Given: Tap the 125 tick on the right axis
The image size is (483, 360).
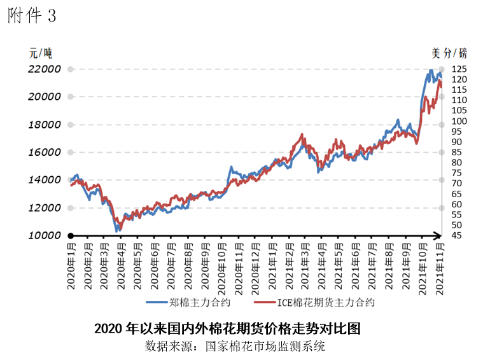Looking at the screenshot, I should [x=459, y=69].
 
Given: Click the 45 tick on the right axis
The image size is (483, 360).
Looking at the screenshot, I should [x=457, y=235].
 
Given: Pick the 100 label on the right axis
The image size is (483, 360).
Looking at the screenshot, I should [x=459, y=121].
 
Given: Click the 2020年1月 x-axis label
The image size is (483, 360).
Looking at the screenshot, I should [x=71, y=265].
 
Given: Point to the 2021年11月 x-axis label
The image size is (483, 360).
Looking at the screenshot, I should [x=438, y=265].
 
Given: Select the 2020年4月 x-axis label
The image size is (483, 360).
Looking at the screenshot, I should [x=121, y=265].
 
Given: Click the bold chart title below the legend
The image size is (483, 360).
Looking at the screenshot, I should [x=227, y=329].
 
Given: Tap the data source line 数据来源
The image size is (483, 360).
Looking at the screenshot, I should [x=235, y=347].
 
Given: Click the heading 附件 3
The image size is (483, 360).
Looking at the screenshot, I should [x=32, y=16].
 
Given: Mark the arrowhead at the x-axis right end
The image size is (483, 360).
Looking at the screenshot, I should [x=437, y=235].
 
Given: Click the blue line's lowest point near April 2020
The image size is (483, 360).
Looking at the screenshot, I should [x=116, y=230].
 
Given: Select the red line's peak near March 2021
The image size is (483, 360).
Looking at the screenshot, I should [x=301, y=134].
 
